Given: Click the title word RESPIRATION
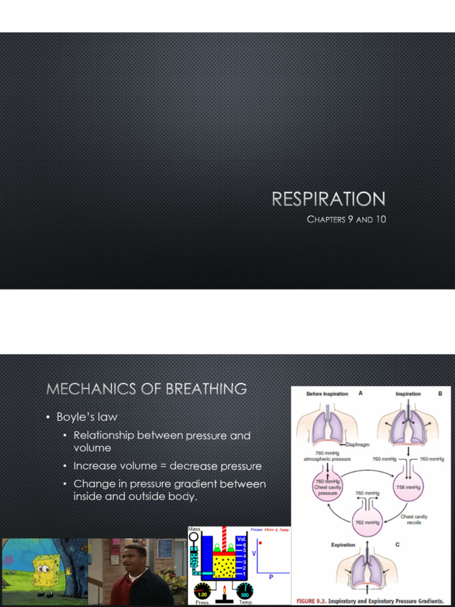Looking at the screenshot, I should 328,199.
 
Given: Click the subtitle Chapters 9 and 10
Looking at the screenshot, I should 346,219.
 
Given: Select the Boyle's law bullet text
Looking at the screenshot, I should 86,417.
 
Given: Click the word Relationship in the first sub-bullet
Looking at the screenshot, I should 104,436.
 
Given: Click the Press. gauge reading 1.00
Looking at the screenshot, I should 203,592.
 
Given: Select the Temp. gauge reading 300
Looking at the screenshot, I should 244,592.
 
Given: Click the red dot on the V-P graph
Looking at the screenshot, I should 260,542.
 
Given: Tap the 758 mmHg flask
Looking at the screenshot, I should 408,486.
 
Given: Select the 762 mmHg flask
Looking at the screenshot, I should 367,522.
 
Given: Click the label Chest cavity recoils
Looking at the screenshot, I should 414,520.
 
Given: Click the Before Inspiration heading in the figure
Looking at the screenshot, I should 327,394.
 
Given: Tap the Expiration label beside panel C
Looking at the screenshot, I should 343,544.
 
